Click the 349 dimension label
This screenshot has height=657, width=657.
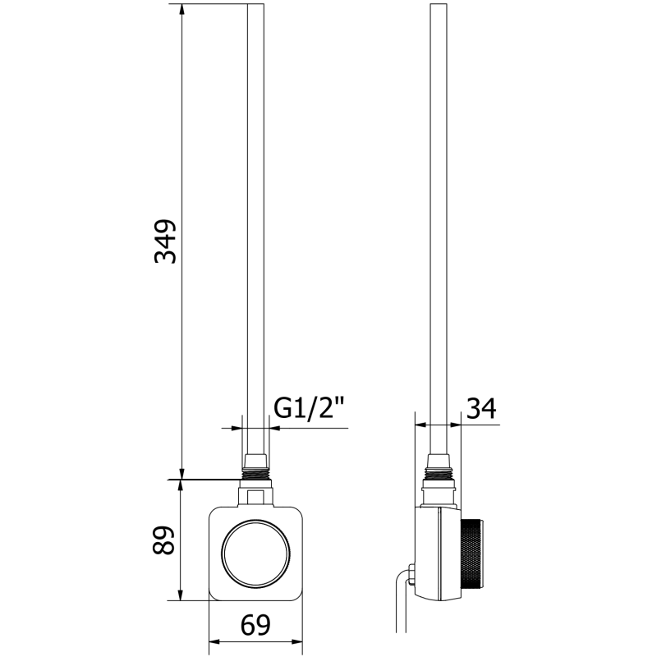[167, 241]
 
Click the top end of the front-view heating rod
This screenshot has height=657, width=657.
[255, 7]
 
